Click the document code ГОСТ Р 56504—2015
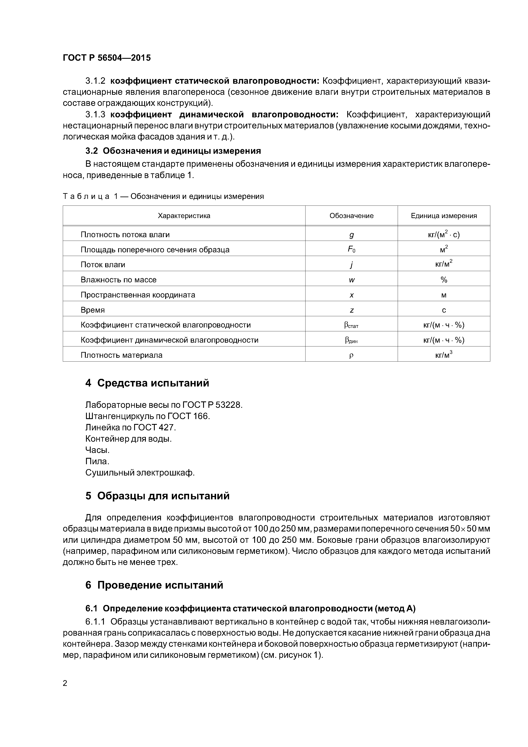(107, 58)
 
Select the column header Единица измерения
(444, 216)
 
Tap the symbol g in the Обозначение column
(351, 235)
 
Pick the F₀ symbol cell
(351, 250)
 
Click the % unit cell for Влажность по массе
(444, 280)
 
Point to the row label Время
(93, 310)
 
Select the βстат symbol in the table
(351, 325)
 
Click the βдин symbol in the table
(351, 340)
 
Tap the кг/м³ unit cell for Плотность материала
(444, 355)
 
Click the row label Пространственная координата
(138, 295)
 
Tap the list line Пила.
(97, 461)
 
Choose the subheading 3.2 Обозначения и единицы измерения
(173, 151)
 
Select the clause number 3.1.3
(95, 115)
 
